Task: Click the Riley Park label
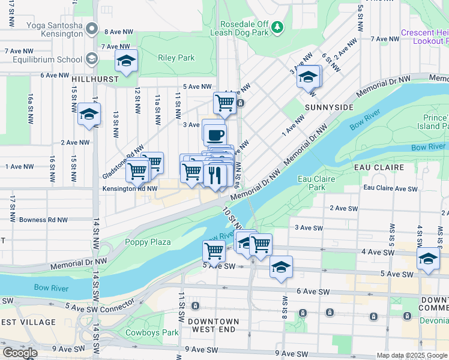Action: point(176,58)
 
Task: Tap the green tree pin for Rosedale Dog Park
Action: point(277,26)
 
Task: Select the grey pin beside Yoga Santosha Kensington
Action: point(92,29)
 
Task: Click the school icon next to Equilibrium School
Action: point(92,59)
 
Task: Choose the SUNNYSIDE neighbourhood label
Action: point(328,107)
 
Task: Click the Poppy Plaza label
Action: point(148,242)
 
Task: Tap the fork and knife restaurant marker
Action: point(214,175)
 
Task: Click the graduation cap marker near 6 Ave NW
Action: point(126,61)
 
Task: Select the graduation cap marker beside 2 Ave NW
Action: point(89,114)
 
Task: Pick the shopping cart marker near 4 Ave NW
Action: point(224,102)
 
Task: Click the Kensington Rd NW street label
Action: point(130,188)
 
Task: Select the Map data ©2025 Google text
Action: point(412,355)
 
